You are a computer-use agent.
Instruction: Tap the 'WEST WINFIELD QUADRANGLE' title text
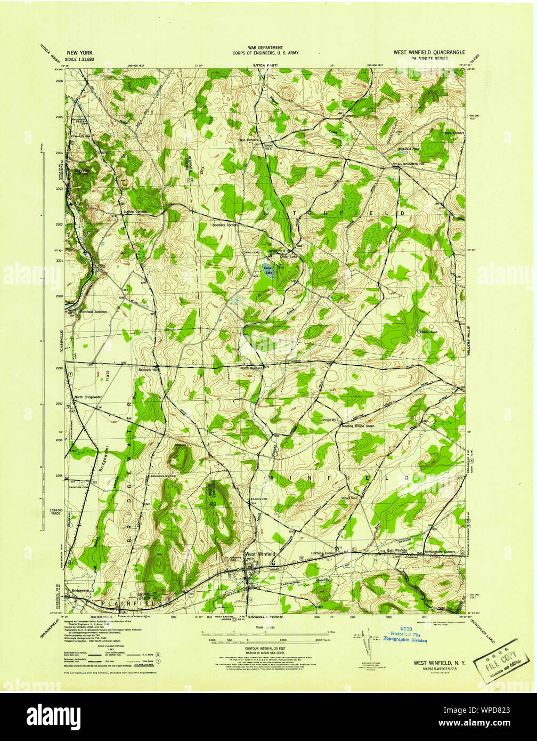coord(429,52)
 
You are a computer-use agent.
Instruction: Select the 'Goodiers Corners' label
coord(225,225)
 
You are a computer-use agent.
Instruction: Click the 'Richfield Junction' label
coord(94,311)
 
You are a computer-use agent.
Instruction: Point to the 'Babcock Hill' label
coord(148,369)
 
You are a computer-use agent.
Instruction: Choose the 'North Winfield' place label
coord(251,368)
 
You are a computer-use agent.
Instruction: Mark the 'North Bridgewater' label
coord(88,397)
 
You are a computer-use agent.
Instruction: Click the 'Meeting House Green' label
coord(358,426)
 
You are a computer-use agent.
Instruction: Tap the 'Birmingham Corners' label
coord(441,552)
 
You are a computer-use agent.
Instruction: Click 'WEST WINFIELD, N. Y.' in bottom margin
coord(440,663)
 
